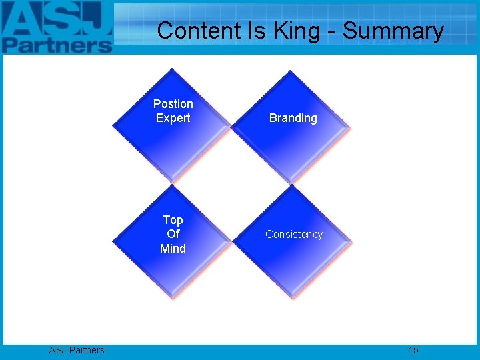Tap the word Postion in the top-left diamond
click(x=173, y=104)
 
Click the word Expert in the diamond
click(x=173, y=118)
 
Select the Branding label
click(x=293, y=118)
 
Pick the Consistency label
click(x=293, y=234)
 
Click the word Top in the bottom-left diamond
click(x=173, y=220)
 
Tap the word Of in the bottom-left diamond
click(x=173, y=234)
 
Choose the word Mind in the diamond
click(x=173, y=249)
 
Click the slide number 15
click(x=413, y=350)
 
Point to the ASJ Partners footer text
click(x=77, y=350)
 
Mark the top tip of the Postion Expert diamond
click(x=173, y=69)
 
